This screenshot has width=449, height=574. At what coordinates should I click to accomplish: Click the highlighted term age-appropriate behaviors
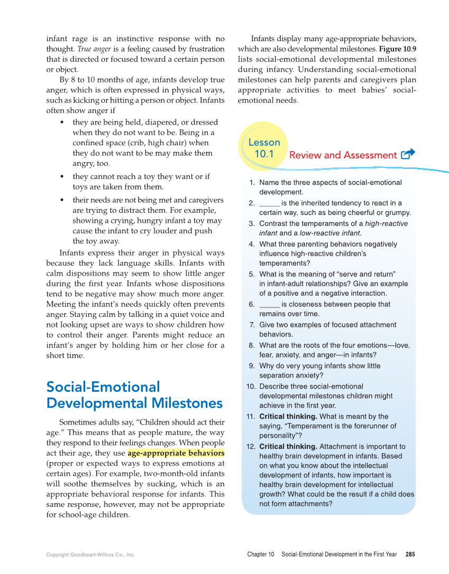176,453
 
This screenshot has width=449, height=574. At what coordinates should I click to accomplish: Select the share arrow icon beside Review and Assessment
408,154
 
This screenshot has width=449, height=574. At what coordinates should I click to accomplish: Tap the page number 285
410,554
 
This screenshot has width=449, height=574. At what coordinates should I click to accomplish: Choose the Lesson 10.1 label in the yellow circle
264,148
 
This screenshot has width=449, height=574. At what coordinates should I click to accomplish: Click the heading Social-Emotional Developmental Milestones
134,395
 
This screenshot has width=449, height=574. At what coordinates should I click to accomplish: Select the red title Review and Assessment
343,155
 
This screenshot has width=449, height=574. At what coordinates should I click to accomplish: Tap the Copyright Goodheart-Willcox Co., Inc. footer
90,555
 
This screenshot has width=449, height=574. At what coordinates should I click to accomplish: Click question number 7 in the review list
252,325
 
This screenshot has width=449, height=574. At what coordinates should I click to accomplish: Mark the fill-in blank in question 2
269,203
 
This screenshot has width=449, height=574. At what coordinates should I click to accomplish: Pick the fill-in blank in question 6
269,305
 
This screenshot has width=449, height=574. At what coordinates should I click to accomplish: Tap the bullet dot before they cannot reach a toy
62,177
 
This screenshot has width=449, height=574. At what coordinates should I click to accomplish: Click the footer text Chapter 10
261,554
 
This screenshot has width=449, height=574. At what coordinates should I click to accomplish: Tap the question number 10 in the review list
251,387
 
